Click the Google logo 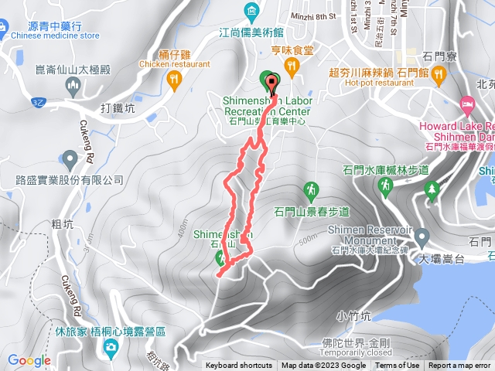29,360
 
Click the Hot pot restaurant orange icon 439,73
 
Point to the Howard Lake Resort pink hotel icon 467,104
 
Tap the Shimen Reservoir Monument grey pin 422,237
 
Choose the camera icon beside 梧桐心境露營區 111,347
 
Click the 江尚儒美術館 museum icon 252,11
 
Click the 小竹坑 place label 353,315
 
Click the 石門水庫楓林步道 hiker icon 384,185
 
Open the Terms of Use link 397,366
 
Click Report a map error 460,366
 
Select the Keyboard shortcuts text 239,366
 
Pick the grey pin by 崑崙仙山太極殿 73,87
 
